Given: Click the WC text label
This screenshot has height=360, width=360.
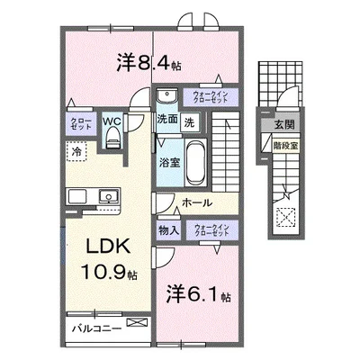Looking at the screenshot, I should coord(112,120).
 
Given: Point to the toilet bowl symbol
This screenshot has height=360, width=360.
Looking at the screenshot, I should coord(112,136).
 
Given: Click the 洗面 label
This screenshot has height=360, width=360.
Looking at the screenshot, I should coord(166,119).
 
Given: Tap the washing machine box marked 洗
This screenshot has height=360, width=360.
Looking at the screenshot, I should coord(189,120).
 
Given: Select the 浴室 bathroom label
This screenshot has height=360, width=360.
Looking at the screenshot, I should coord(168,163).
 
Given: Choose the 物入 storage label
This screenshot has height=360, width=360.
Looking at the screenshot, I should coord(169,229).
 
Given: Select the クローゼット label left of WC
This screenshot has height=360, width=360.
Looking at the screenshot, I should coord(76,124).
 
